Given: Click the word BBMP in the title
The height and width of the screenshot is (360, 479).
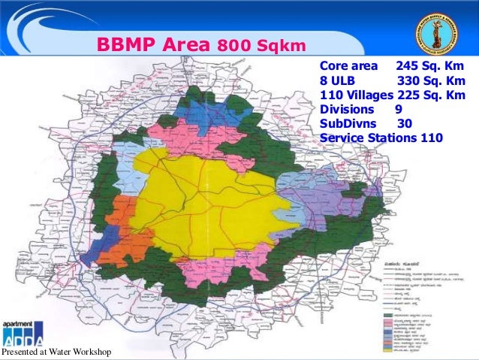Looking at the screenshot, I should (x=122, y=45).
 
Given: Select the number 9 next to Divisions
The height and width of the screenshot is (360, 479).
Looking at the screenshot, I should (x=399, y=110).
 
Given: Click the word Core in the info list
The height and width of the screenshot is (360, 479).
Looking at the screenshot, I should (x=334, y=66).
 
